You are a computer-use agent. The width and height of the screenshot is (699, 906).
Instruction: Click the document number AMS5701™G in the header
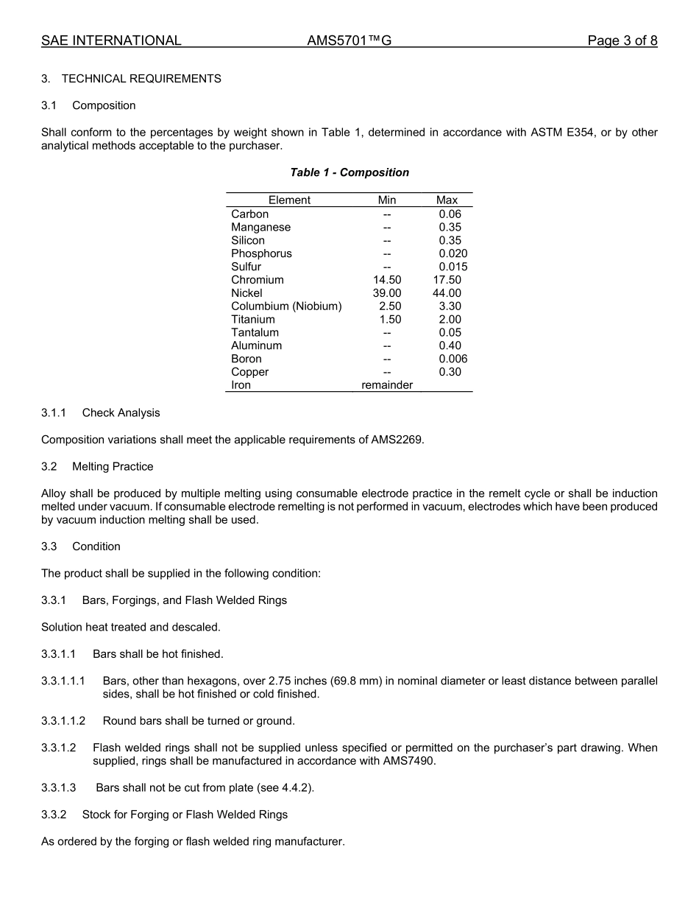tap(349, 41)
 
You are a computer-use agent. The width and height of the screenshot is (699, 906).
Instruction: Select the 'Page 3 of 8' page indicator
tap(622, 41)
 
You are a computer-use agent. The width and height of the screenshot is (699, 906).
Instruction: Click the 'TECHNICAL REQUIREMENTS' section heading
tap(141, 79)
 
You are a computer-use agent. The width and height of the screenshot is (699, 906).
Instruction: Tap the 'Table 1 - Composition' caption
tap(349, 172)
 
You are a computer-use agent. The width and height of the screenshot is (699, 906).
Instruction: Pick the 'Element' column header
tap(289, 200)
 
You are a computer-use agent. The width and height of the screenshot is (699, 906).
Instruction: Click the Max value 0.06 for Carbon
tap(450, 214)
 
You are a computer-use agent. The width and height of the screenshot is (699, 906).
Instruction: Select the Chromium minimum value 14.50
tap(387, 280)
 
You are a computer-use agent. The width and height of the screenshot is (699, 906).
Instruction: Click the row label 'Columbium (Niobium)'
tap(286, 306)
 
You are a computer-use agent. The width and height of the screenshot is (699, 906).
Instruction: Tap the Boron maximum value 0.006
tap(453, 359)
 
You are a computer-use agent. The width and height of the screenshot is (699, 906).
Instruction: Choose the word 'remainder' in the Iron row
tap(387, 385)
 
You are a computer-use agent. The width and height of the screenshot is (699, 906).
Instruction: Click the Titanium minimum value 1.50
tap(390, 320)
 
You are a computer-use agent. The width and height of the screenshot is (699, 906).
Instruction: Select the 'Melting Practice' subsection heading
tap(113, 466)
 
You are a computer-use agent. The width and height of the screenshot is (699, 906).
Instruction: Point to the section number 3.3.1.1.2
tap(63, 721)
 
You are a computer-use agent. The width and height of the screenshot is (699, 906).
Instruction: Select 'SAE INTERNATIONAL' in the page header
tap(111, 41)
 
